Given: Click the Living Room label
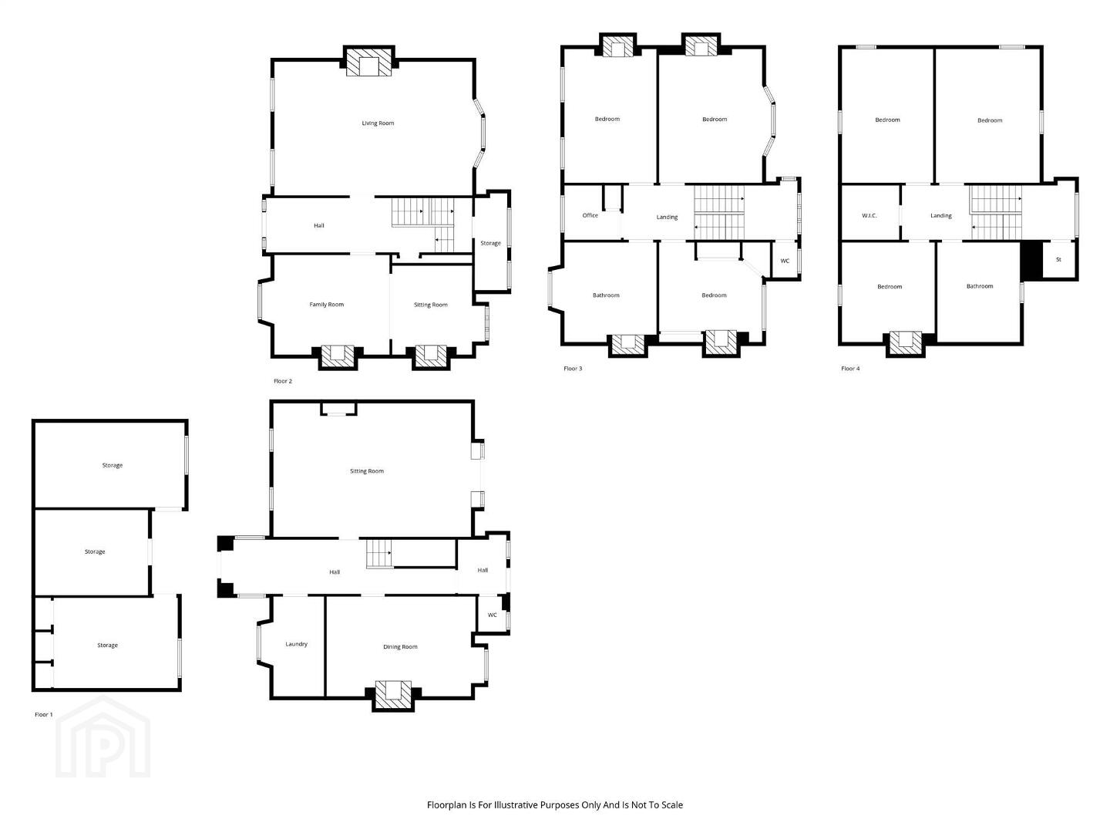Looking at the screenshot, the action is click(x=377, y=123).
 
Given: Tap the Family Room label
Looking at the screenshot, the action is click(x=326, y=305).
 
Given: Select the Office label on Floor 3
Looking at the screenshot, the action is click(x=590, y=215).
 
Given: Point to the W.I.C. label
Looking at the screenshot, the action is click(x=869, y=216).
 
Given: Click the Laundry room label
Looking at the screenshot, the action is click(x=296, y=644).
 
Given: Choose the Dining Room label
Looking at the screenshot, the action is click(x=400, y=646).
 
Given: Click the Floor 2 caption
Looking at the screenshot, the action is click(x=283, y=381).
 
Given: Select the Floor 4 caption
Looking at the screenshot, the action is click(x=850, y=368).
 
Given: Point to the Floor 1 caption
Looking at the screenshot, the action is click(x=43, y=714).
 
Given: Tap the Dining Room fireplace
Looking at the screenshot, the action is click(x=393, y=695).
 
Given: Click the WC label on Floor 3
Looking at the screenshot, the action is click(x=785, y=261).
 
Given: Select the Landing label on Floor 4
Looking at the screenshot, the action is click(x=940, y=215).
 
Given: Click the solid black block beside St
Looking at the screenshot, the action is click(x=1031, y=260).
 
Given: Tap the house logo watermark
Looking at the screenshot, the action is click(x=103, y=737).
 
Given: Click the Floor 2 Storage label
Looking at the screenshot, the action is click(x=490, y=243).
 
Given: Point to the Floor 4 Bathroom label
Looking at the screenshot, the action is click(x=979, y=286).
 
